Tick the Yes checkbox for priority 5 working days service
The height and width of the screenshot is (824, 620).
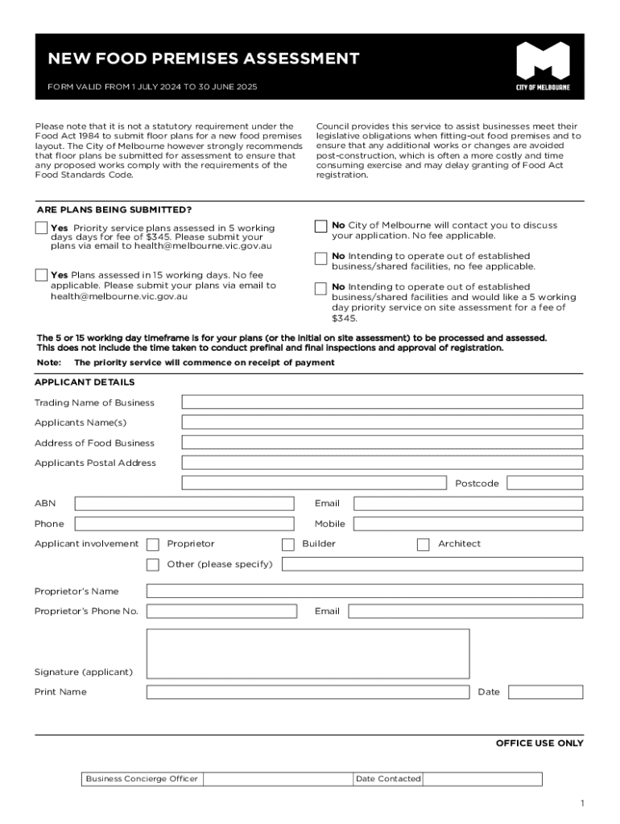41,229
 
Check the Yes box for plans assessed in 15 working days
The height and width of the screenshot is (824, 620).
41,275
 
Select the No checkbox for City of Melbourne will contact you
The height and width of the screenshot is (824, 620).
321,226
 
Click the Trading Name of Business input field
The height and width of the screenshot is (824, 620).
382,402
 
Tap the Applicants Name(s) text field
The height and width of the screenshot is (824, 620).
382,422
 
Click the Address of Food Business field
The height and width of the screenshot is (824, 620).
382,443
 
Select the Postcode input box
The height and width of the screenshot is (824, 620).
544,483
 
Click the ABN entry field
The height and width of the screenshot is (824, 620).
184,504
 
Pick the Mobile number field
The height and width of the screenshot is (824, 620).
468,524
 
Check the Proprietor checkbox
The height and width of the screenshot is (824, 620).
153,545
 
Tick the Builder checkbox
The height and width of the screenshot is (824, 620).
288,545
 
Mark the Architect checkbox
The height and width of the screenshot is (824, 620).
424,545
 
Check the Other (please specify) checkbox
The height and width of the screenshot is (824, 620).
153,565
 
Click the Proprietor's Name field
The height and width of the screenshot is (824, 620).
364,591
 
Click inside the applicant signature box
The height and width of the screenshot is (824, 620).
308,654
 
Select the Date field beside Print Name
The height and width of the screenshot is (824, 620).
545,692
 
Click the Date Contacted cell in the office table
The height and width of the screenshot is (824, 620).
482,779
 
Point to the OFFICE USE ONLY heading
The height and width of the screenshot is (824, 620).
539,744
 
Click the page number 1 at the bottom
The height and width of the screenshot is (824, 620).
581,804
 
